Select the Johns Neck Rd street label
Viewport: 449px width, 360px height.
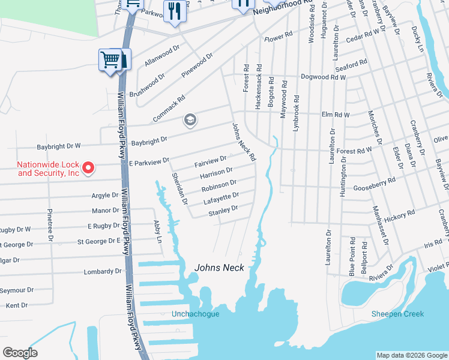click(x=244, y=142)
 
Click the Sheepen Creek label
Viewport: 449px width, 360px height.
click(x=397, y=314)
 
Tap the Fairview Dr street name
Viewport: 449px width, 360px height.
click(x=210, y=162)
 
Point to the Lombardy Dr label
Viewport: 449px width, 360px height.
click(x=102, y=271)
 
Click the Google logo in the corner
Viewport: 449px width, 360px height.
click(x=20, y=353)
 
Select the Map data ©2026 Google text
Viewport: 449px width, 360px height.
click(x=412, y=355)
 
